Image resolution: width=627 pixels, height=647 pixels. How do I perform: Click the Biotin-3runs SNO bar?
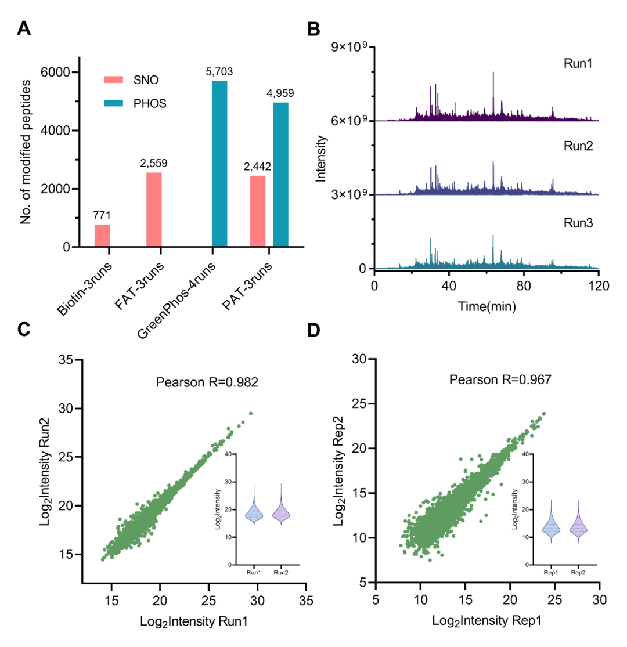(102, 236)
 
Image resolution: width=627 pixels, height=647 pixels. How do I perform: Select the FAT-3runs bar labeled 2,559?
(154, 209)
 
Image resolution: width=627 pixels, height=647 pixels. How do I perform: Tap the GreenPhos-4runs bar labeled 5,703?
(219, 164)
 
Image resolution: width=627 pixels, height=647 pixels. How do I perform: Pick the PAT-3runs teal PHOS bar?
(280, 175)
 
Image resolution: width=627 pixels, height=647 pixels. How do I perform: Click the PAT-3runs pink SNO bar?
(258, 211)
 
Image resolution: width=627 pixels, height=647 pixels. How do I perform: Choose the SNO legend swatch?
(115, 79)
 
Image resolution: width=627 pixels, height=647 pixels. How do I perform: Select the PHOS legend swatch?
(115, 103)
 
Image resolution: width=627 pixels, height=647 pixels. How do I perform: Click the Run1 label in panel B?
(578, 63)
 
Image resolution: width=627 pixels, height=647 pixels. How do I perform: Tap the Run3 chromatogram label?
(578, 222)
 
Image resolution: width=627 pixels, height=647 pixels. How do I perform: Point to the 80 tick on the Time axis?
(524, 285)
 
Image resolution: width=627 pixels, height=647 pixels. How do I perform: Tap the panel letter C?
(24, 330)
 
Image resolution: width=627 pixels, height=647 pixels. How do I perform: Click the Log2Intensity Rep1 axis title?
(487, 620)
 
